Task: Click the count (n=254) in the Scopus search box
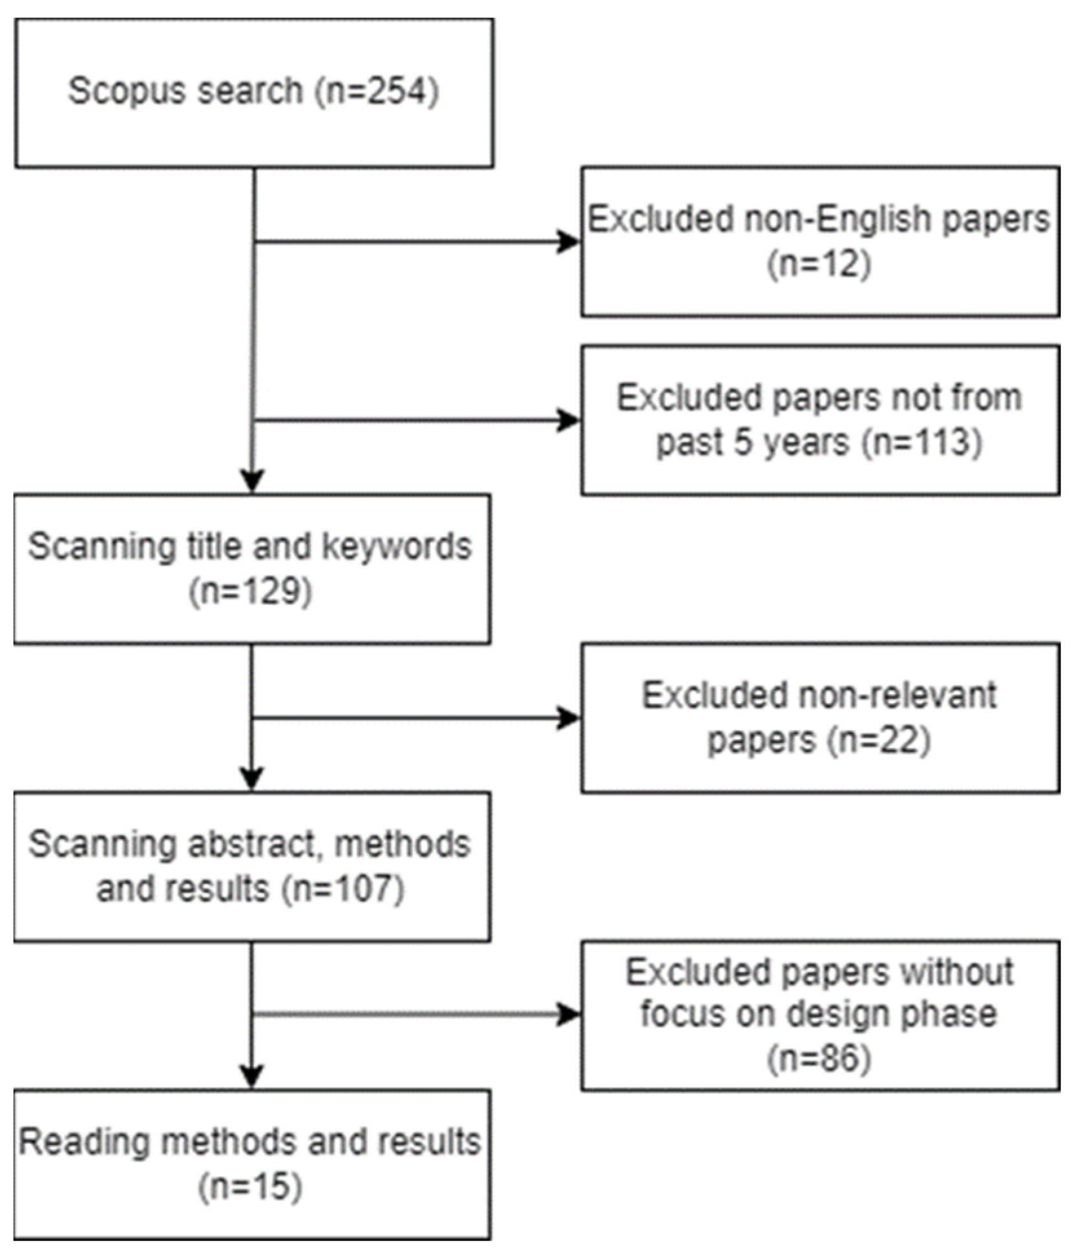pos(377,90)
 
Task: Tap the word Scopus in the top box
pos(120,90)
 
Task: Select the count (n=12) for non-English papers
pos(819,264)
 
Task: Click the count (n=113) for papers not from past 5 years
pos(921,443)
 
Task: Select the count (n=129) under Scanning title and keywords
pos(251,591)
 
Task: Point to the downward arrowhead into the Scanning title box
pos(252,481)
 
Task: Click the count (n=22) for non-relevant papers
pos(879,741)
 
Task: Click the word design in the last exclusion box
pos(836,1014)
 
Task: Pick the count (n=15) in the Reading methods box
pos(251,1186)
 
